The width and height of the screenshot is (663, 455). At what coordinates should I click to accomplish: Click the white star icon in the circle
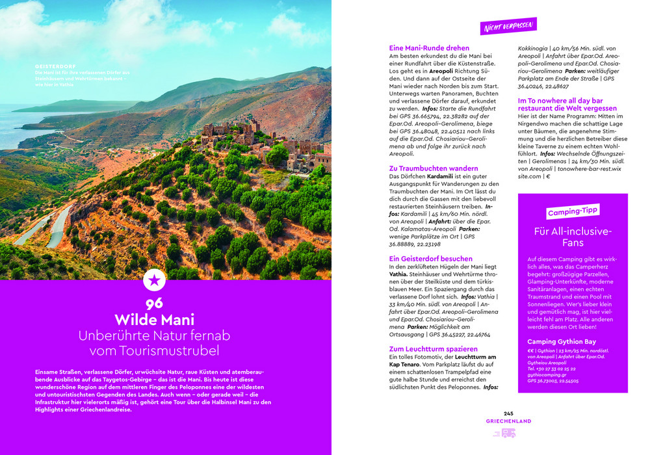(154, 280)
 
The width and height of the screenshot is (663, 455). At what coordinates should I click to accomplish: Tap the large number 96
(154, 303)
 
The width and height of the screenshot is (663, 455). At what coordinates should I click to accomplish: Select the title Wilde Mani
(154, 320)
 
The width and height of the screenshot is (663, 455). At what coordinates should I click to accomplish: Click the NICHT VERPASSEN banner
(508, 26)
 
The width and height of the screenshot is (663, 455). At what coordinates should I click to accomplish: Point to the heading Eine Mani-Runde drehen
(429, 48)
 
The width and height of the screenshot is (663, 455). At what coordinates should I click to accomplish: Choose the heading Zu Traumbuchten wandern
(433, 168)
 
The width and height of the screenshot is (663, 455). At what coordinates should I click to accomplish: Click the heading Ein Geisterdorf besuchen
(430, 259)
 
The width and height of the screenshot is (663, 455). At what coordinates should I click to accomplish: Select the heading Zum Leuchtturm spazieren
(433, 349)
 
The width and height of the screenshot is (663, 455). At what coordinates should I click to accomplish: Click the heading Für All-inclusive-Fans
(573, 237)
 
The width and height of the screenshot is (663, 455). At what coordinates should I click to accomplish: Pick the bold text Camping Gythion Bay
(562, 342)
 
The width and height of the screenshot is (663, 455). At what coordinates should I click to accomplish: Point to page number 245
(508, 413)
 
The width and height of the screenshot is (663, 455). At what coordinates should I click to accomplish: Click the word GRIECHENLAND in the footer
(508, 421)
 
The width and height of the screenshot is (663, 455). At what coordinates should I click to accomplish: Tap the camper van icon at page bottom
(508, 433)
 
